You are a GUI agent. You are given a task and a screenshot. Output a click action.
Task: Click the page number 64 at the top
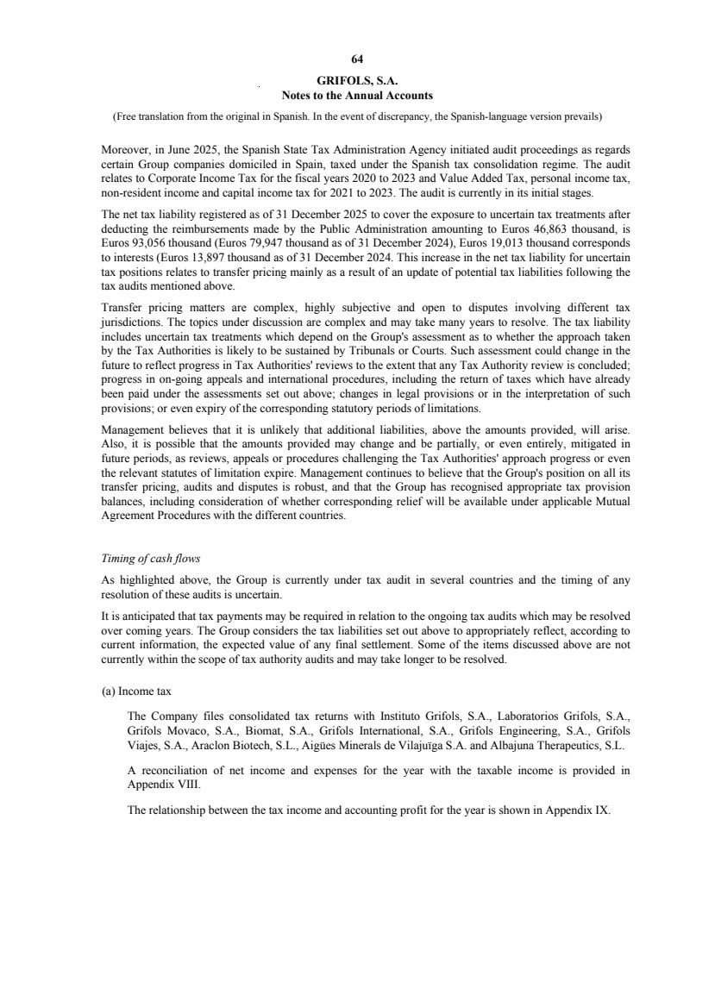(357, 59)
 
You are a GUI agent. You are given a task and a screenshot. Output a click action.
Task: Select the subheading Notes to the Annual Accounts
(357, 95)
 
